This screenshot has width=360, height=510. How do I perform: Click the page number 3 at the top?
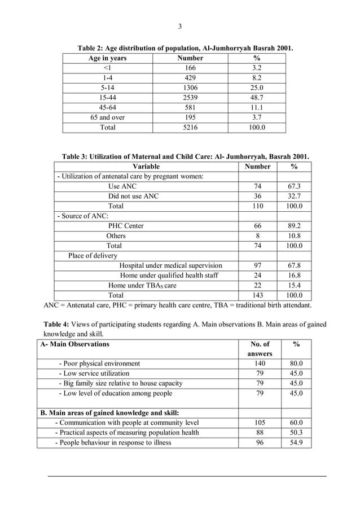pyautogui.click(x=180, y=27)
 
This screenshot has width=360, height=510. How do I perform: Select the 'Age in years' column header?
pyautogui.click(x=107, y=58)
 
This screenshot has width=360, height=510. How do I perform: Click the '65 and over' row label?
pyautogui.click(x=107, y=117)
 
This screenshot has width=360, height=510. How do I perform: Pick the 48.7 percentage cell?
pyautogui.click(x=257, y=98)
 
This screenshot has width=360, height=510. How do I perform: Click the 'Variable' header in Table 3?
pyautogui.click(x=146, y=167)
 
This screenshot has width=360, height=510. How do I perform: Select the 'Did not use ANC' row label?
pyautogui.click(x=134, y=196)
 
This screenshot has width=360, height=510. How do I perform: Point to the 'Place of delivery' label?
pyautogui.click(x=93, y=255)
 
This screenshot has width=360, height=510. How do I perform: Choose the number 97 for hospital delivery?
pyautogui.click(x=257, y=265)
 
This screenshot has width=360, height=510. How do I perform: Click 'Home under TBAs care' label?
pyautogui.click(x=142, y=285)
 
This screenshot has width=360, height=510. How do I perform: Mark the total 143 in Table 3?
pyautogui.click(x=257, y=295)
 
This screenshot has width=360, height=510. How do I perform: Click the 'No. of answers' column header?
pyautogui.click(x=260, y=348)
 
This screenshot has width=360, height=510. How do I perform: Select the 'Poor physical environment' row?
pyautogui.click(x=99, y=363)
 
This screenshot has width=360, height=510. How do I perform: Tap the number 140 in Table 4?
pyautogui.click(x=260, y=363)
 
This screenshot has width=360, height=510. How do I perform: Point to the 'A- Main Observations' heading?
pyautogui.click(x=75, y=344)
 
